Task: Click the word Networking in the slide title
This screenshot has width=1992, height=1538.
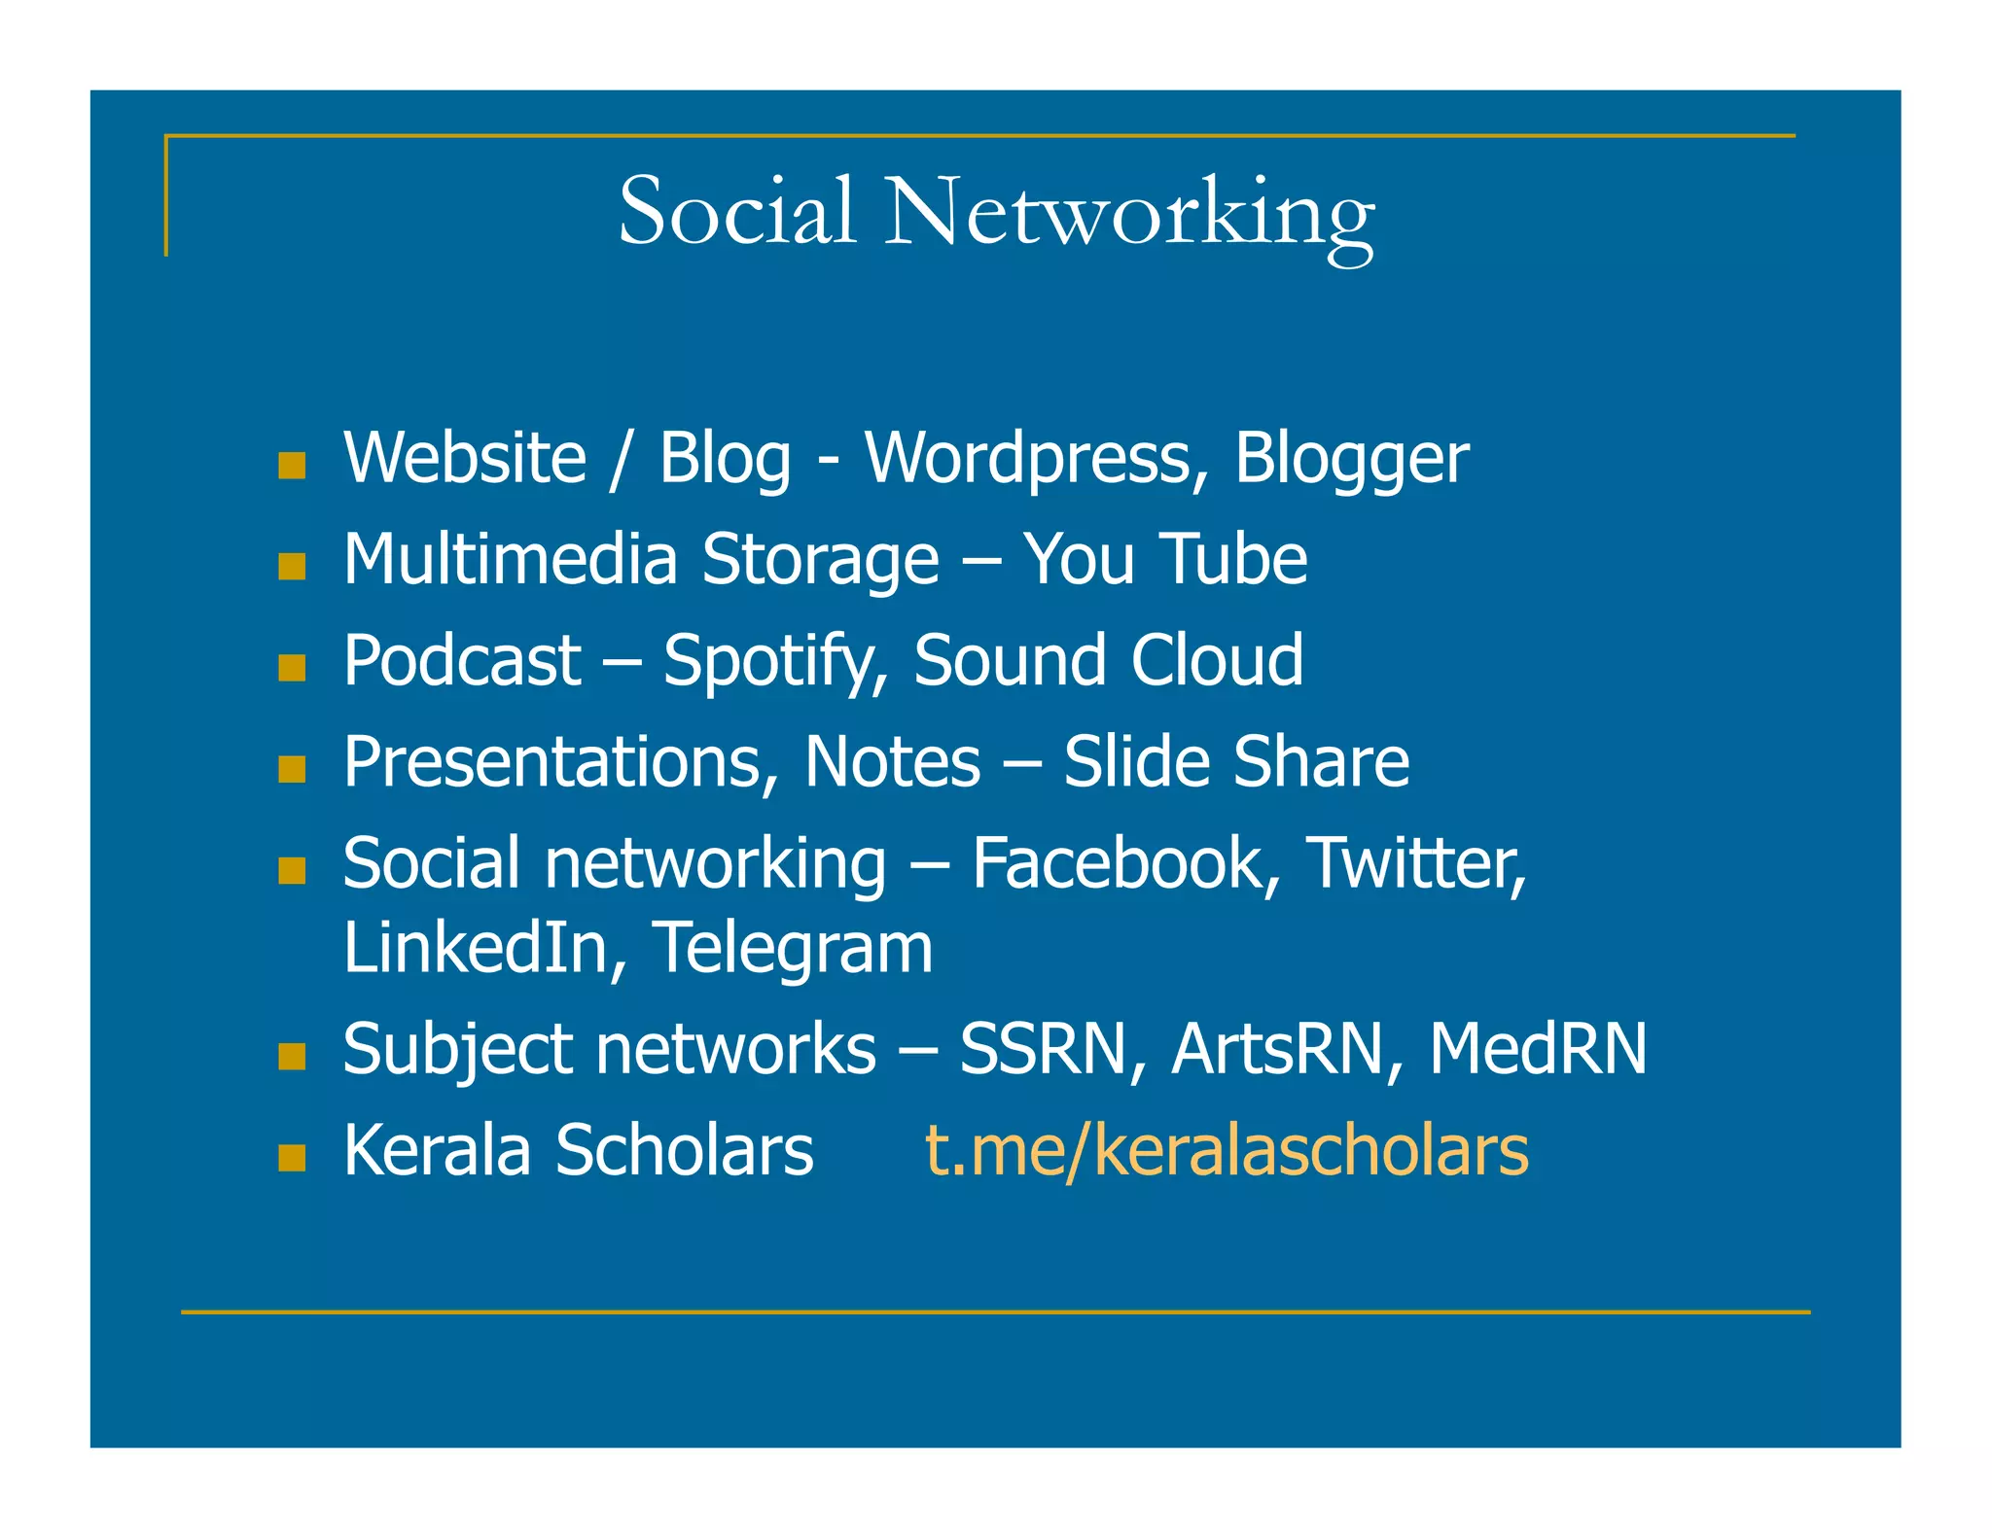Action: click(x=1129, y=214)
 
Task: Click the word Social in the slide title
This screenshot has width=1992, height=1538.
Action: click(x=737, y=211)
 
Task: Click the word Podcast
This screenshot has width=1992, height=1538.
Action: click(x=462, y=661)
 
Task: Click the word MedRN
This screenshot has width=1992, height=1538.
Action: click(x=1538, y=1050)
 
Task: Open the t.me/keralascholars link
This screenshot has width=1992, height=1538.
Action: click(x=1227, y=1151)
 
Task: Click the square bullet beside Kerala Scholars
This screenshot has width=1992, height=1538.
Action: click(x=292, y=1157)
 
